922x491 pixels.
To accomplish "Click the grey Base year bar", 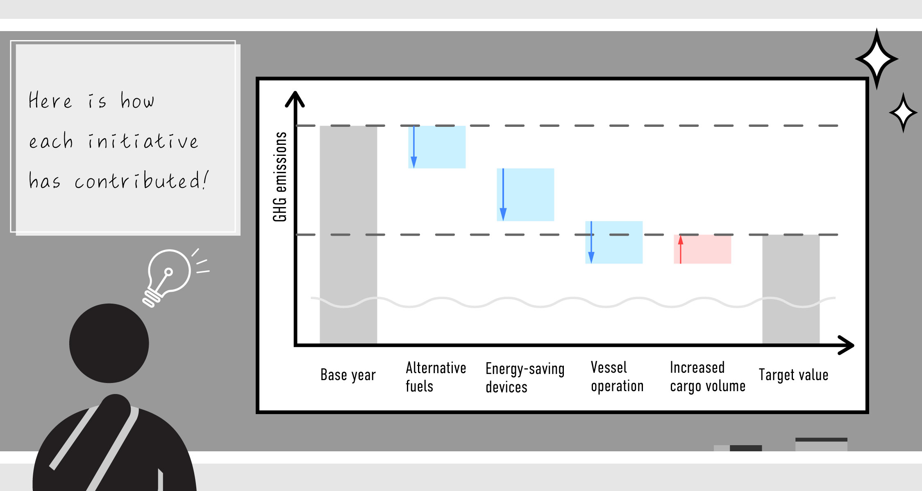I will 348,233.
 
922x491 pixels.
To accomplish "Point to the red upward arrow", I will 681,249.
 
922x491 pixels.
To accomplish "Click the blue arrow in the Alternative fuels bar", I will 414,147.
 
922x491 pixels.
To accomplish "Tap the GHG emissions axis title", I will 280,177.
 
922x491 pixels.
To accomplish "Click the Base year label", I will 348,375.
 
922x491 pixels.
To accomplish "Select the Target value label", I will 793,375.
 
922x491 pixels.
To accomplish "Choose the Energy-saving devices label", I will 525,377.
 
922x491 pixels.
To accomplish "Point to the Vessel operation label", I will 617,376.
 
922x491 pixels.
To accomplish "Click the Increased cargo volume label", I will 707,376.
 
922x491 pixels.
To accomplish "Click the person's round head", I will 109,343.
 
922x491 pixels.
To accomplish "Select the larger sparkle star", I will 877,59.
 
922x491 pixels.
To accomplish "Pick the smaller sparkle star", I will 903,113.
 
